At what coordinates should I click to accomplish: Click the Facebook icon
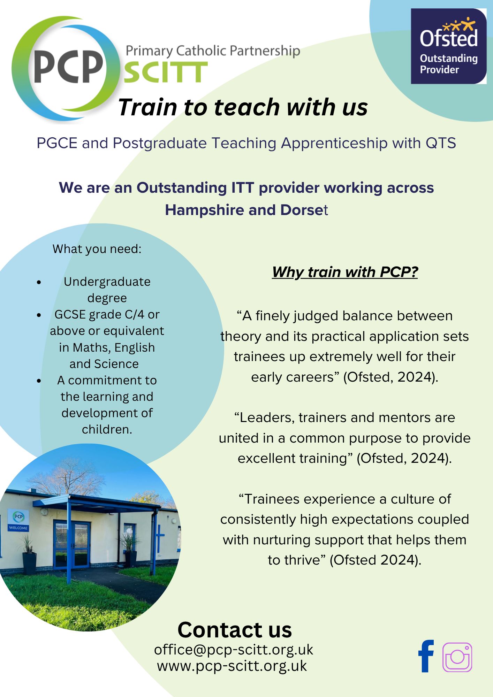click(x=426, y=656)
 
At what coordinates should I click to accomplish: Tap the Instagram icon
click(x=457, y=657)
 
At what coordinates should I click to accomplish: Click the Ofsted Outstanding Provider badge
click(x=449, y=46)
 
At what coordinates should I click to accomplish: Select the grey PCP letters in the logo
click(x=69, y=67)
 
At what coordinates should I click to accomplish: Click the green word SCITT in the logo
click(x=166, y=72)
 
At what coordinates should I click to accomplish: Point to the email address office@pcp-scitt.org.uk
click(x=234, y=650)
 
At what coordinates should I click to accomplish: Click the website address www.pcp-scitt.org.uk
click(x=232, y=666)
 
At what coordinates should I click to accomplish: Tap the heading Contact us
click(x=235, y=630)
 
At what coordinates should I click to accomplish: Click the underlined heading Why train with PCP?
click(x=345, y=272)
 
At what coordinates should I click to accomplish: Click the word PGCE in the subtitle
click(x=57, y=143)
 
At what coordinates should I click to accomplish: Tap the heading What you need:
click(x=97, y=249)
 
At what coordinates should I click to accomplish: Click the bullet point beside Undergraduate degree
click(x=39, y=282)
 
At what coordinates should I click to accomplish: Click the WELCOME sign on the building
click(x=18, y=528)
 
